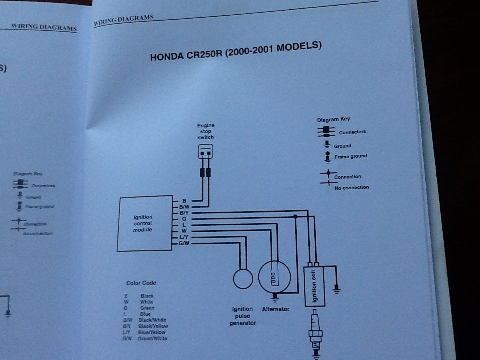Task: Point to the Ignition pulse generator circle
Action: point(243,278)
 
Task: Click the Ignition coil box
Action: point(315,286)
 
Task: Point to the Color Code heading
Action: point(141,283)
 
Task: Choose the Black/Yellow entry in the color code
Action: point(152,326)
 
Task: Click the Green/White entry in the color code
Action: point(152,338)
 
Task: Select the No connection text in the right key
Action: point(352,187)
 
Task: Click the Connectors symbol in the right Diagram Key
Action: point(326,131)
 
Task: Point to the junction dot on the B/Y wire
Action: point(295,216)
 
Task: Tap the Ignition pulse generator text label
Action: point(242,316)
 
